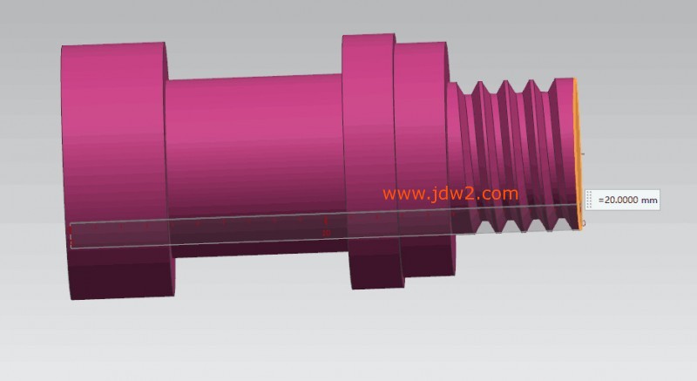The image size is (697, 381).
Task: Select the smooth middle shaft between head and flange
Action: (255, 166)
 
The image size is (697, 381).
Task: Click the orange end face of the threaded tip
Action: (578, 154)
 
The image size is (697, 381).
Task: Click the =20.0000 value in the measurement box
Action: (619, 200)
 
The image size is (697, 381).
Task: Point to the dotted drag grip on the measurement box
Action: (589, 199)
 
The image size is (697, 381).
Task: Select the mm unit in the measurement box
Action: (649, 201)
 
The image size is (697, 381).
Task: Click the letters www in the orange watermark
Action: (399, 194)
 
